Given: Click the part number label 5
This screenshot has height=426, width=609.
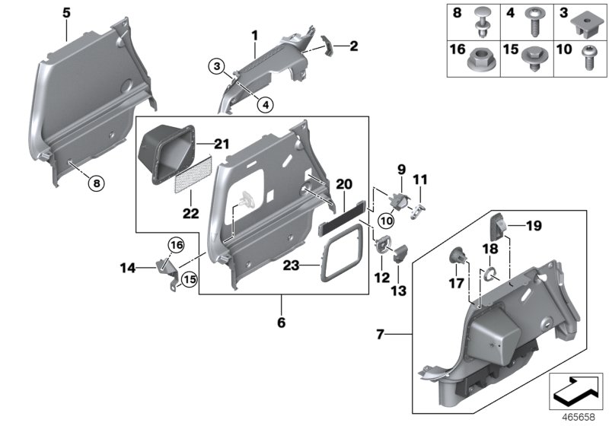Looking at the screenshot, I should coord(65,13).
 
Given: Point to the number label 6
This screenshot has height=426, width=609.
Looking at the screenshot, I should coord(281,323).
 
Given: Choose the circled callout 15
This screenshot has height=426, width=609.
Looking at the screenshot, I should coord(190,279).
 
